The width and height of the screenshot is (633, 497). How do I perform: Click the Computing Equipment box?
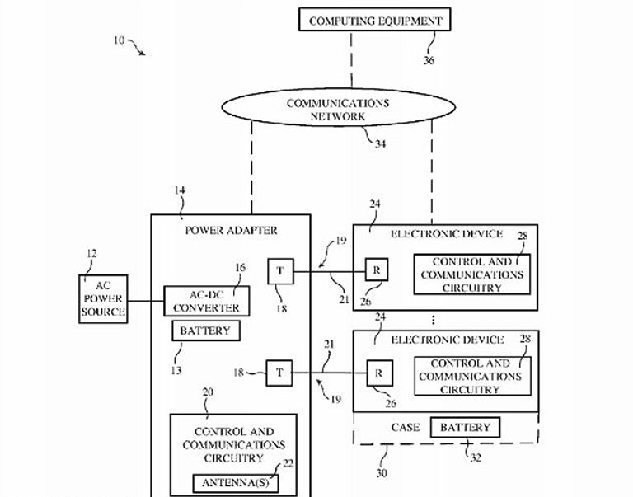pyautogui.click(x=375, y=21)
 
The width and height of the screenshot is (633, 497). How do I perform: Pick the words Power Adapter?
pyautogui.click(x=230, y=231)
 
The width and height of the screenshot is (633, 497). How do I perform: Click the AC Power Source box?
pyautogui.click(x=103, y=299)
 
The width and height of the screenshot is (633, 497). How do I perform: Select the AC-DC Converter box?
pyautogui.click(x=206, y=301)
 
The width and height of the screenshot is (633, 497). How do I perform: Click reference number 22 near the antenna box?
pyautogui.click(x=287, y=464)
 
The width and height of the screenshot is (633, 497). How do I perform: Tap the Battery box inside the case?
pyautogui.click(x=465, y=428)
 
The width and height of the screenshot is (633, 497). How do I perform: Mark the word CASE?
pyautogui.click(x=405, y=428)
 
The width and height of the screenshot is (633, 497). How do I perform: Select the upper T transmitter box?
pyautogui.click(x=279, y=270)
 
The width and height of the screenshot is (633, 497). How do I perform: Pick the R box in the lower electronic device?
pyautogui.click(x=380, y=373)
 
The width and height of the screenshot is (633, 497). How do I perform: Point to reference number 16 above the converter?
pyautogui.click(x=240, y=267)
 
